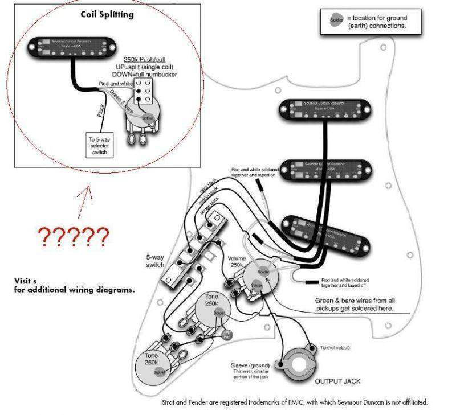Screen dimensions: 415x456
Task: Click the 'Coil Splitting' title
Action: [107, 14]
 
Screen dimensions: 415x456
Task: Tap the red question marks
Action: [72, 236]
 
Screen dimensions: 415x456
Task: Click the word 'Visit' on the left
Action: [22, 281]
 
